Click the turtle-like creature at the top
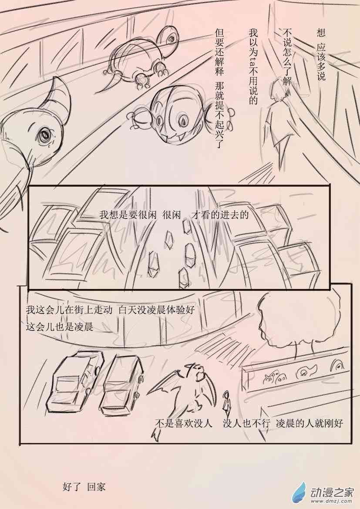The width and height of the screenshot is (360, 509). pos(140,60)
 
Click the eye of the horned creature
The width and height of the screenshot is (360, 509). pos(44,133)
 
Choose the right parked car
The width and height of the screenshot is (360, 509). pos(121,383)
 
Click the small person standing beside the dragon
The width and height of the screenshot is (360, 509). pos(226,402)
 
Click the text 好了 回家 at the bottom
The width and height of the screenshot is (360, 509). pos(84,487)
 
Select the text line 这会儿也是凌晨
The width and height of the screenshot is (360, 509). pos(60,326)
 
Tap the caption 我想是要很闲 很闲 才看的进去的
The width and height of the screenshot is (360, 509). pos(174,215)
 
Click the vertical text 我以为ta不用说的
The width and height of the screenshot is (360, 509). pos(253,67)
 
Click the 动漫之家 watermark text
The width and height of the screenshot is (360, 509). pos(331,492)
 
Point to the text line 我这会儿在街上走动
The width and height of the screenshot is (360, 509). pos(69,310)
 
